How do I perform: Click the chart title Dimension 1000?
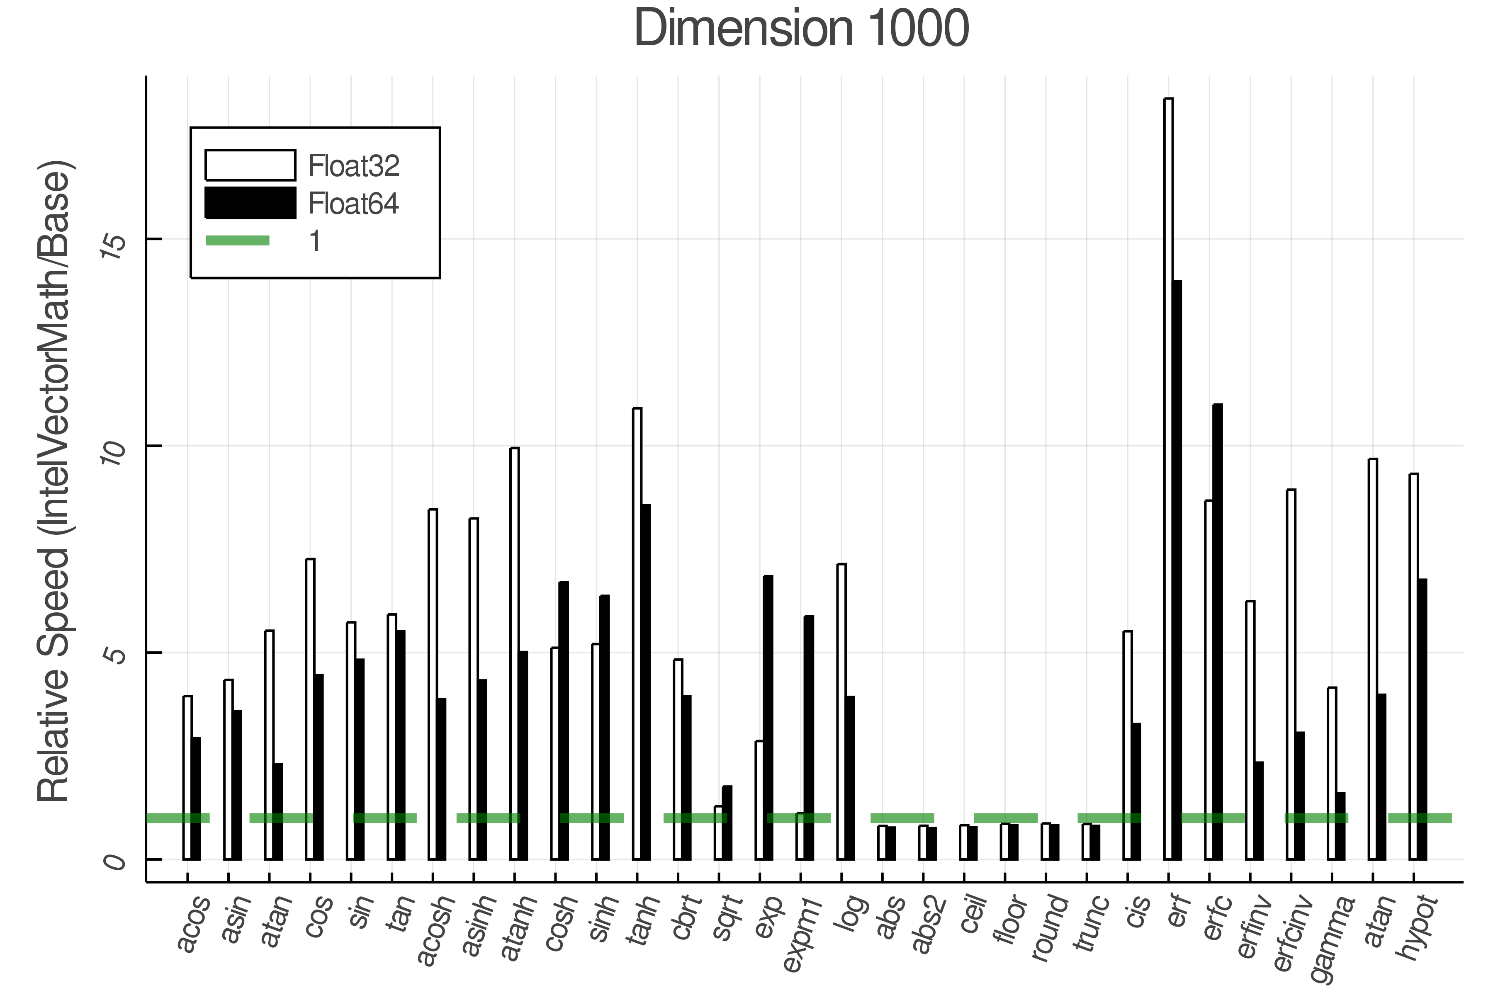coord(801,29)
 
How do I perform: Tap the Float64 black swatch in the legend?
coord(250,203)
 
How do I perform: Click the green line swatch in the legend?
coord(237,240)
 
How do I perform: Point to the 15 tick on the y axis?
coord(115,245)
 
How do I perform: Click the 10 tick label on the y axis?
coord(115,452)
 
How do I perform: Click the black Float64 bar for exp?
coord(768,717)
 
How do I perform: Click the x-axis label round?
coord(1050,927)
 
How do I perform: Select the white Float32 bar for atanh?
coord(514,654)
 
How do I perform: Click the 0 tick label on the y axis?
coord(115,863)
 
